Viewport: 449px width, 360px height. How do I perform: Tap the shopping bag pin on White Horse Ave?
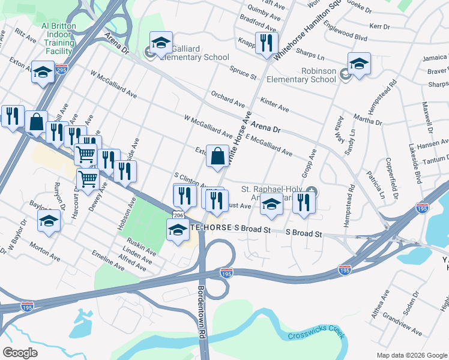click(218, 157)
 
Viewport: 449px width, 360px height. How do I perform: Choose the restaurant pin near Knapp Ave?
click(265, 43)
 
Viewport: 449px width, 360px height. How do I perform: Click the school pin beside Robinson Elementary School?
click(359, 64)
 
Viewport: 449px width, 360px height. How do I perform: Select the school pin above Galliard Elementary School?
click(161, 43)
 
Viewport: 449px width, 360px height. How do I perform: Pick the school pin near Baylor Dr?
click(49, 221)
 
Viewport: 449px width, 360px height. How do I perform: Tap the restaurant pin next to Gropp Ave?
click(304, 203)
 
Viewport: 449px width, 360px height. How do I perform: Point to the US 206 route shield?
click(178, 214)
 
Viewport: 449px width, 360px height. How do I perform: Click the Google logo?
click(20, 353)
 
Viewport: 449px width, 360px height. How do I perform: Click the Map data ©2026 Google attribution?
click(412, 355)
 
